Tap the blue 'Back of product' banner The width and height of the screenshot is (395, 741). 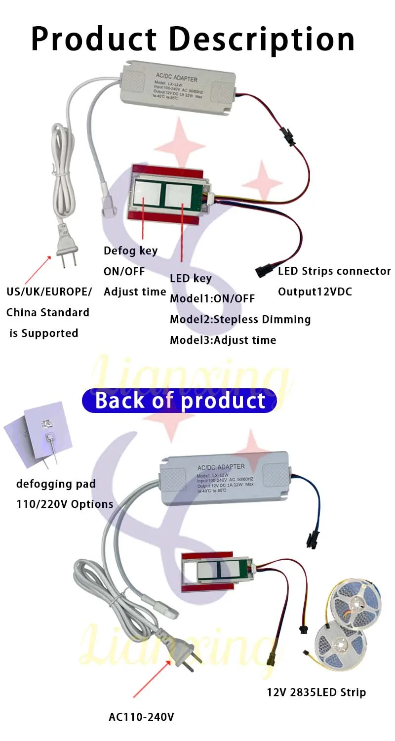(180, 401)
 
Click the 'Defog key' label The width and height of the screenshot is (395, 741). (130, 250)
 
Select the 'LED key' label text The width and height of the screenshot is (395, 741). (191, 278)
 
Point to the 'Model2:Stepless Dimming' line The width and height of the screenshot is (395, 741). (240, 319)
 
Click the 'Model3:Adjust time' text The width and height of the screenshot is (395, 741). (223, 340)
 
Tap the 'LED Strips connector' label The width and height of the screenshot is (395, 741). (334, 271)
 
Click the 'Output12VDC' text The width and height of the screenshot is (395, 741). (315, 291)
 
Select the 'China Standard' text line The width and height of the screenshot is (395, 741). (48, 312)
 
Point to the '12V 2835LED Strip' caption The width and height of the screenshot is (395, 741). (316, 692)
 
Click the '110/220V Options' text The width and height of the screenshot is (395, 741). (65, 504)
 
